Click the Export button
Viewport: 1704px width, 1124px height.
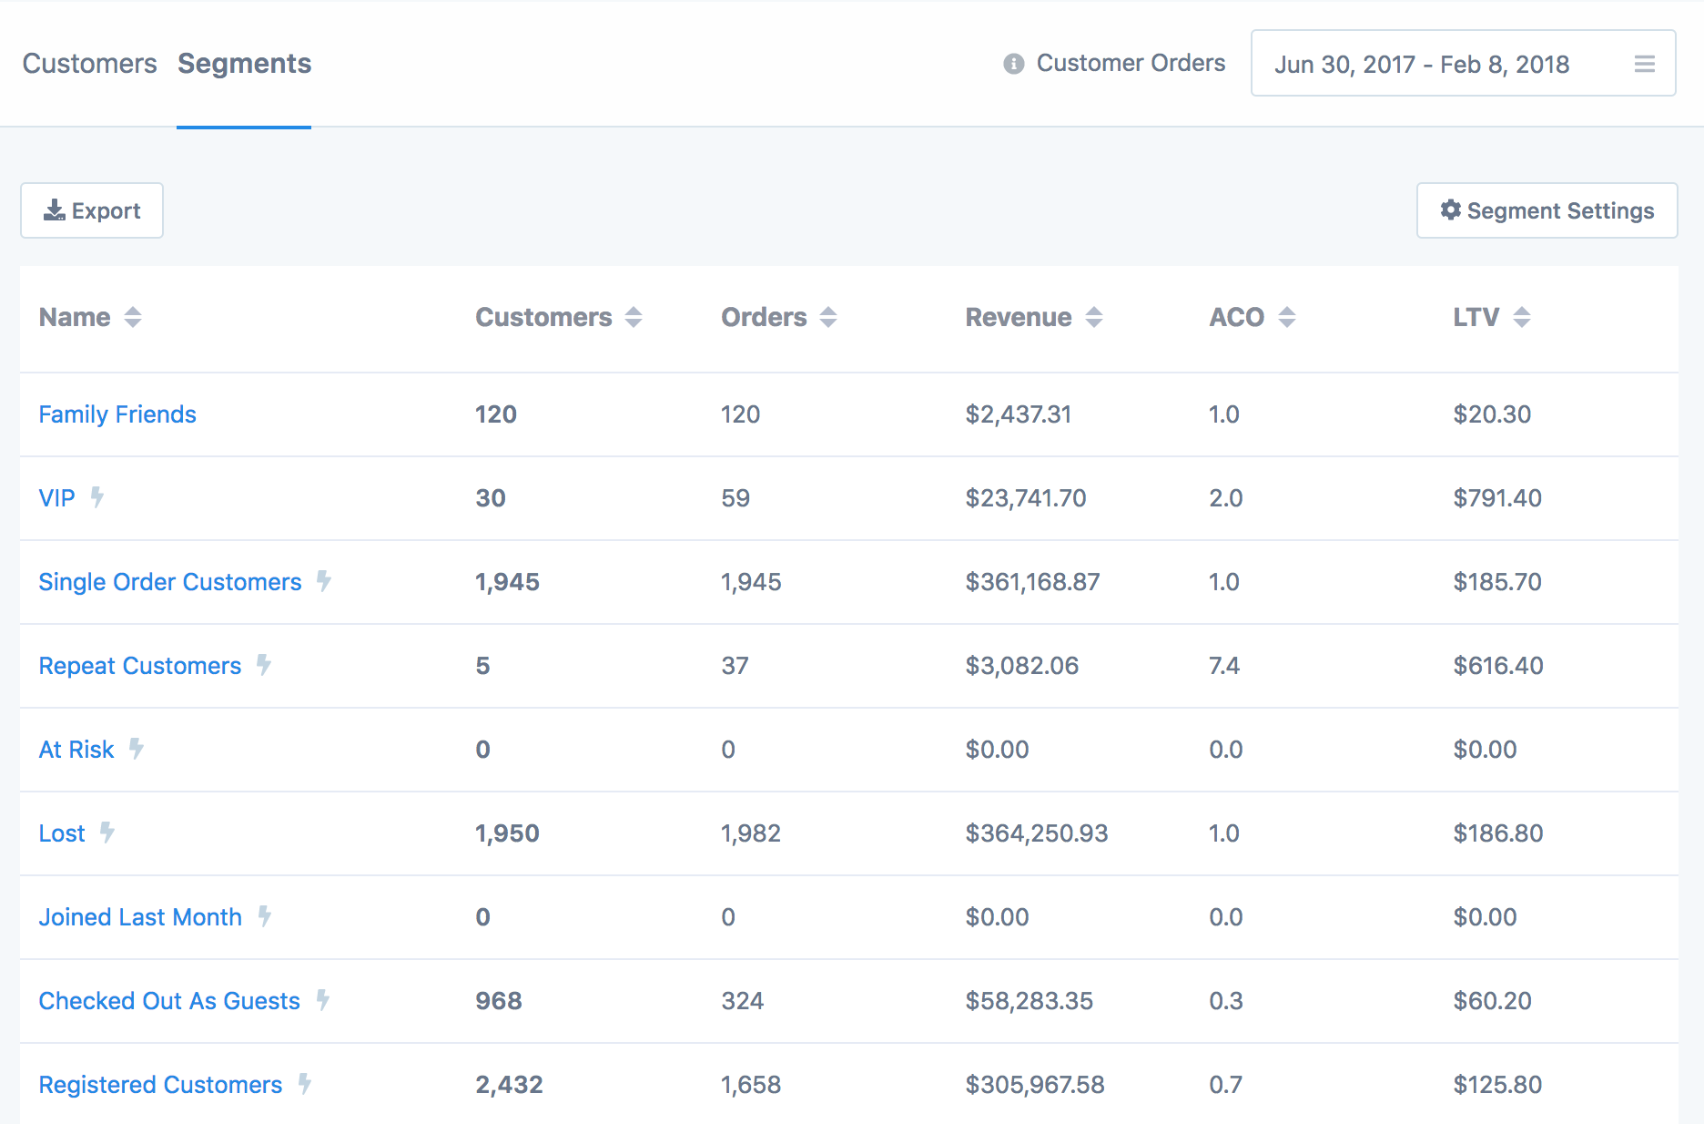(92, 210)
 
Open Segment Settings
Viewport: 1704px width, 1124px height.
(1547, 210)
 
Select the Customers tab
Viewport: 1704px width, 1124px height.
(89, 64)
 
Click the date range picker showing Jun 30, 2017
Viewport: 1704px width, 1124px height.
(1421, 64)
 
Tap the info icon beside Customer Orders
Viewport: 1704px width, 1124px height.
(1013, 64)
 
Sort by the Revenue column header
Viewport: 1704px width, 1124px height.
(1019, 317)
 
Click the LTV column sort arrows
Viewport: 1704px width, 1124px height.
(1521, 317)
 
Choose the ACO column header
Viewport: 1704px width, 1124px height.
(1236, 317)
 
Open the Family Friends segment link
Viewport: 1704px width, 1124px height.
(117, 414)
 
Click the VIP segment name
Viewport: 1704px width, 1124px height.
(56, 498)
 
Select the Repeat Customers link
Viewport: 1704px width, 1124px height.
(140, 666)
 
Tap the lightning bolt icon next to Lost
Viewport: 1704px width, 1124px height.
(107, 833)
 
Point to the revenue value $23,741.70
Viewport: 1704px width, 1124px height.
(1026, 498)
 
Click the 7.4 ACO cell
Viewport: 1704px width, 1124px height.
(1224, 666)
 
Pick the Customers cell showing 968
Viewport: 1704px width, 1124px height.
(499, 1001)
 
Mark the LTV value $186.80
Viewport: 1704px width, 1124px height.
(1498, 833)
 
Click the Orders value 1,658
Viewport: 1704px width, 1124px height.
(751, 1085)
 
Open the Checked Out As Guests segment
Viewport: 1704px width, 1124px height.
(169, 1001)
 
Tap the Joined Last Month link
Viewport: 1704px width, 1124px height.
(140, 917)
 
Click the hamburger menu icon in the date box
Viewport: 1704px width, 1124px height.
(1644, 64)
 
